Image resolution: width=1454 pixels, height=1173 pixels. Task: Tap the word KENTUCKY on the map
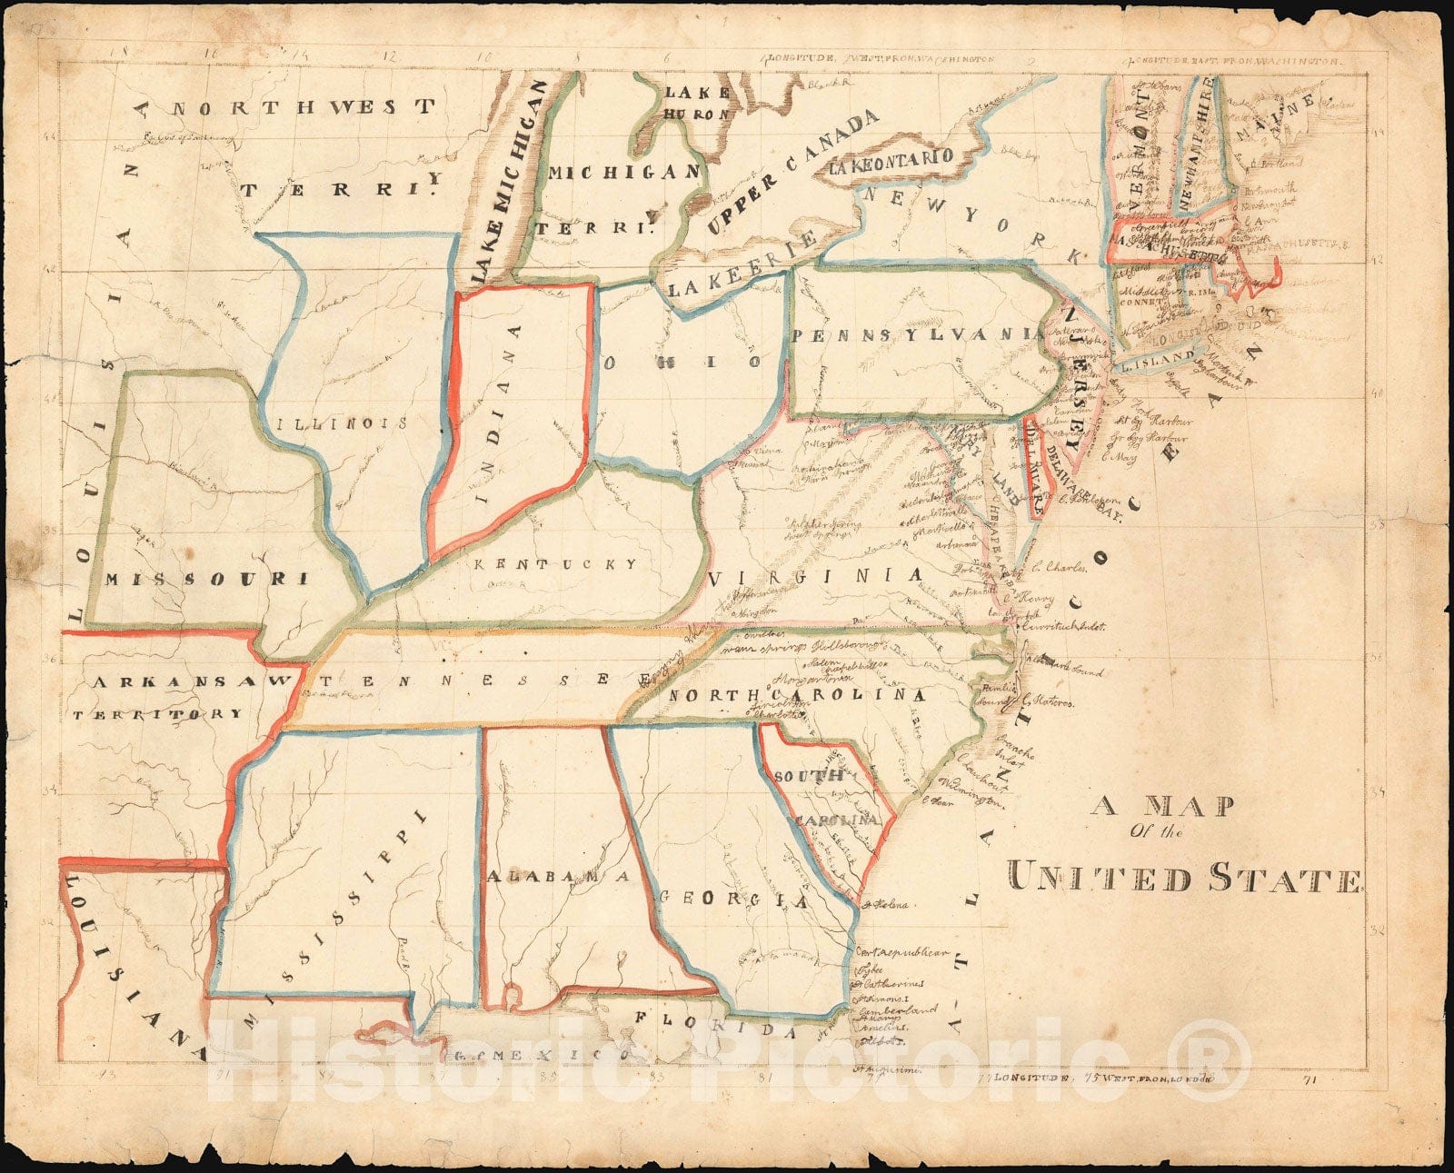coord(554,564)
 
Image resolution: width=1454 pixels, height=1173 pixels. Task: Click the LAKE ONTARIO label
coord(891,160)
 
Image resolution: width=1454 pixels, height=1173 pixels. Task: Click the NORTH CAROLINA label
coord(797,696)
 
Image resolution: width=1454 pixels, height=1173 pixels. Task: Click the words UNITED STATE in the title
coord(1184,879)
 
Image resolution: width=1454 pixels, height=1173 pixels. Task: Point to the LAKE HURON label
coord(697,103)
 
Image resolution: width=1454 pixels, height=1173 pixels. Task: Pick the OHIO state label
coord(682,362)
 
